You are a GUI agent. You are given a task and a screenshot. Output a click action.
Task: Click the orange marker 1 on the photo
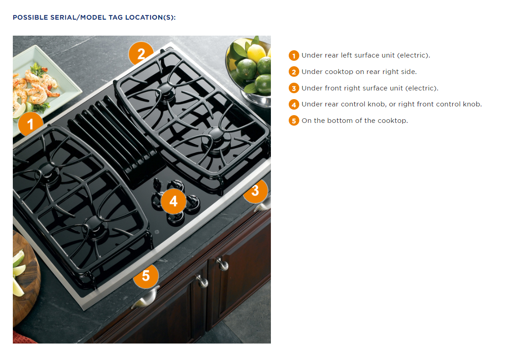[31, 123]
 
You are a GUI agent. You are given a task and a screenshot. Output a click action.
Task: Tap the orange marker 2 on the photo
[141, 54]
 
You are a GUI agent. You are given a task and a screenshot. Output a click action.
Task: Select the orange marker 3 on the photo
[255, 190]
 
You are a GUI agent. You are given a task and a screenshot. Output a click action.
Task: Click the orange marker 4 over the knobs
[173, 201]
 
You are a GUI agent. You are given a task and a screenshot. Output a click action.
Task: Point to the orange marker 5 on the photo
[146, 276]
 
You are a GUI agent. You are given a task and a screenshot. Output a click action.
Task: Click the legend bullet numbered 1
[294, 56]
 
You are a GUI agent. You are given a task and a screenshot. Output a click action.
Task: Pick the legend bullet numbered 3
[294, 88]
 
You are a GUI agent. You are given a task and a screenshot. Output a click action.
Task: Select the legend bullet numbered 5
[294, 121]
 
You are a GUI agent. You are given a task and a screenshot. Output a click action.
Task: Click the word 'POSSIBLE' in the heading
[30, 17]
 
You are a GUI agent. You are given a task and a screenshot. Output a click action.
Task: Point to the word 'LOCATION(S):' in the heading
[154, 17]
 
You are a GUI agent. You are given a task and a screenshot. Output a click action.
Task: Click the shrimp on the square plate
[39, 82]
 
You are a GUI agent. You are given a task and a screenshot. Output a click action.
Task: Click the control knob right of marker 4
[194, 202]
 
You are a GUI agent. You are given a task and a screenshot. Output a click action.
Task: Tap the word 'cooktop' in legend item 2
[339, 72]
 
